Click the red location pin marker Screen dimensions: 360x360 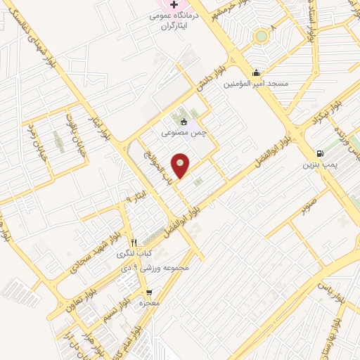(181, 165)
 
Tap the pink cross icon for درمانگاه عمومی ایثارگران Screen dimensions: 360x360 (174, 4)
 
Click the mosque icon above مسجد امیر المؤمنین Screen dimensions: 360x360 (257, 72)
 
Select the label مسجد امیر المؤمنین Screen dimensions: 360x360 (257, 84)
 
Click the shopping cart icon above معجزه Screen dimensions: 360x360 (148, 292)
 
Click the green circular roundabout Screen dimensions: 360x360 (262, 36)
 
